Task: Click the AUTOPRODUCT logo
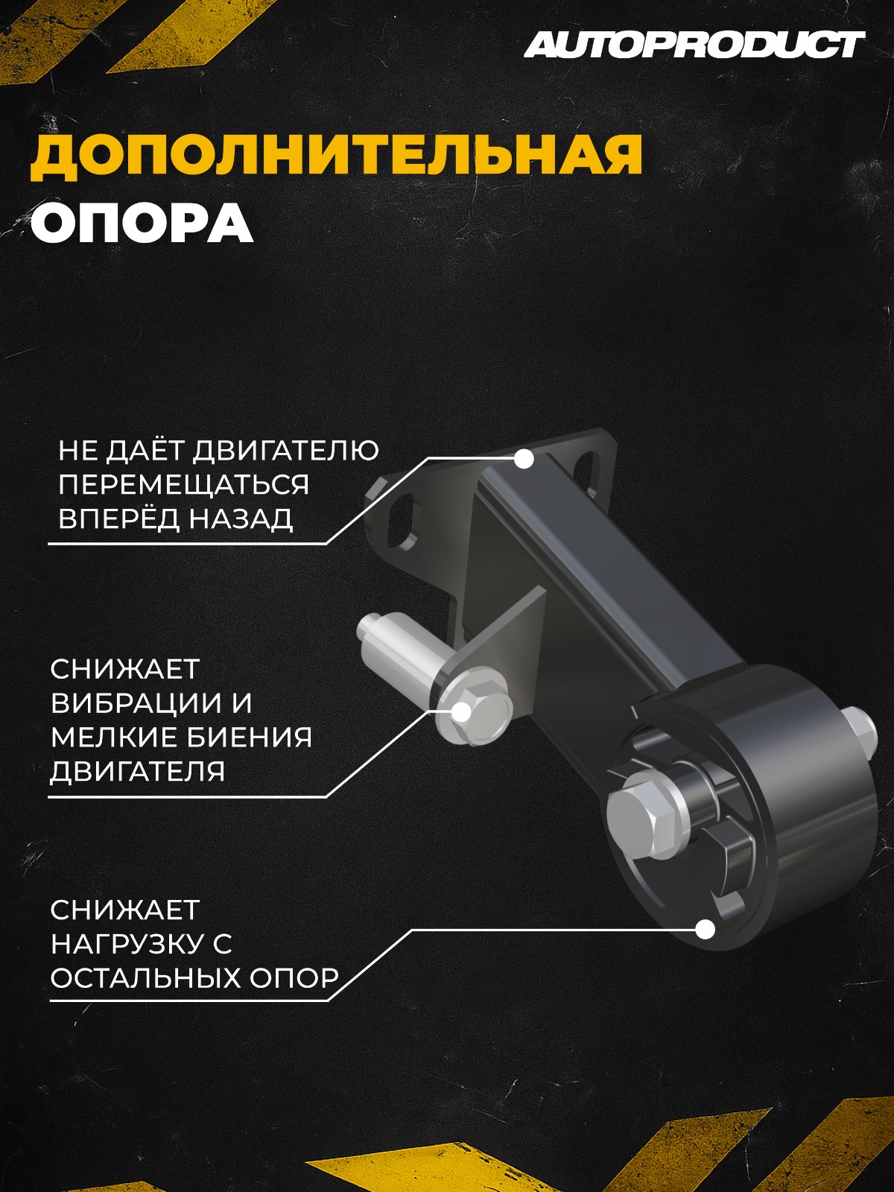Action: [694, 45]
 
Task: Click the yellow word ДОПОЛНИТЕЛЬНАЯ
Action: [337, 155]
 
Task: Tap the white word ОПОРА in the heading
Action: [142, 223]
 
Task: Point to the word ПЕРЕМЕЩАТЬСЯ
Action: [183, 484]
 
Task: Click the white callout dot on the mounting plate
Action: [524, 459]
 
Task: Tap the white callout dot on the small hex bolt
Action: [461, 712]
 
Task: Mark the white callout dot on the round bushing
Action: [705, 929]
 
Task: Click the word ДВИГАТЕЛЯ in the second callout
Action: [138, 771]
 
